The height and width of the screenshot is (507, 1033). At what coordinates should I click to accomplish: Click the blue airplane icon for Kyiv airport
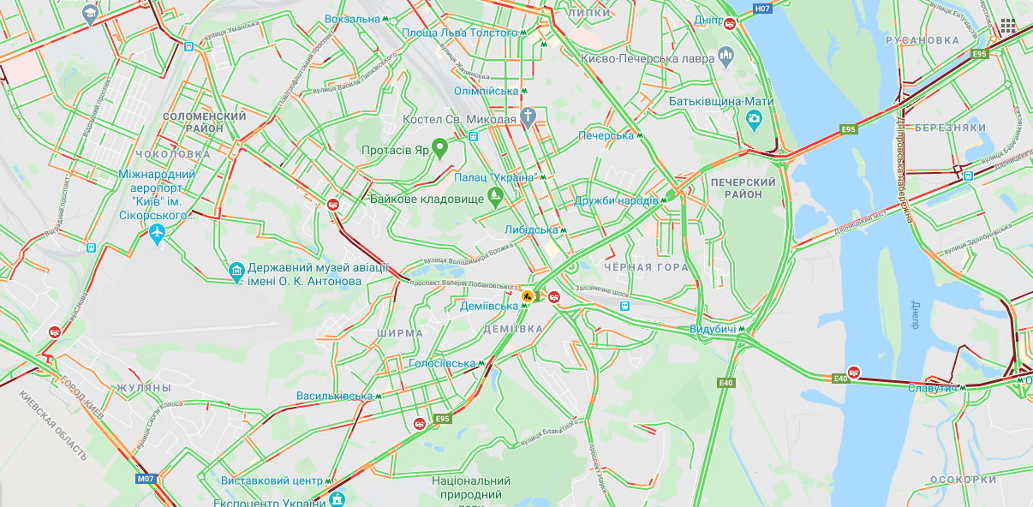[x=156, y=234]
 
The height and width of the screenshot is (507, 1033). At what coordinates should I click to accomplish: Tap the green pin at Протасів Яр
[x=439, y=147]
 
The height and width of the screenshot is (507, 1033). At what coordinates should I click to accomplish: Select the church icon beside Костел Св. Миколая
[x=529, y=116]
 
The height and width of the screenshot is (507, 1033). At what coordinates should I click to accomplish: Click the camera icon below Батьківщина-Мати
[x=754, y=121]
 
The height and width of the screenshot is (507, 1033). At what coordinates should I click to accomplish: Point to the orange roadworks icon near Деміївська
[x=528, y=296]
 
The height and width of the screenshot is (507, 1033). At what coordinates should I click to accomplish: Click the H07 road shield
[x=762, y=9]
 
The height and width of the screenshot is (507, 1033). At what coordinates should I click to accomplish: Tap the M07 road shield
[x=146, y=479]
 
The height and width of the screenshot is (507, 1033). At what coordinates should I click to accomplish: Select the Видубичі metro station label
[x=714, y=329]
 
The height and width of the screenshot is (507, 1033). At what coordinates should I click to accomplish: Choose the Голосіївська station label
[x=441, y=363]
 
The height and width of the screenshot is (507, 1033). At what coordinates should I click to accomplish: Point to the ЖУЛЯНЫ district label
[x=145, y=387]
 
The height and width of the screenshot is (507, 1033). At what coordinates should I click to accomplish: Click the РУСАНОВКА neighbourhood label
[x=923, y=40]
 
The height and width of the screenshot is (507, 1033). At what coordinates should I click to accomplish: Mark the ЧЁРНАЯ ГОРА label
[x=646, y=267]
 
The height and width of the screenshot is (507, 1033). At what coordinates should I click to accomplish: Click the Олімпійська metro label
[x=485, y=90]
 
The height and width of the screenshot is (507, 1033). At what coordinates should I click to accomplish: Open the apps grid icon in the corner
[x=1007, y=27]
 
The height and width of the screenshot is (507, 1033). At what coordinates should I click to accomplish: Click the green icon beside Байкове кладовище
[x=495, y=198]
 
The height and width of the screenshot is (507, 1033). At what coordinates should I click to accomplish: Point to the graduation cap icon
[x=90, y=15]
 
